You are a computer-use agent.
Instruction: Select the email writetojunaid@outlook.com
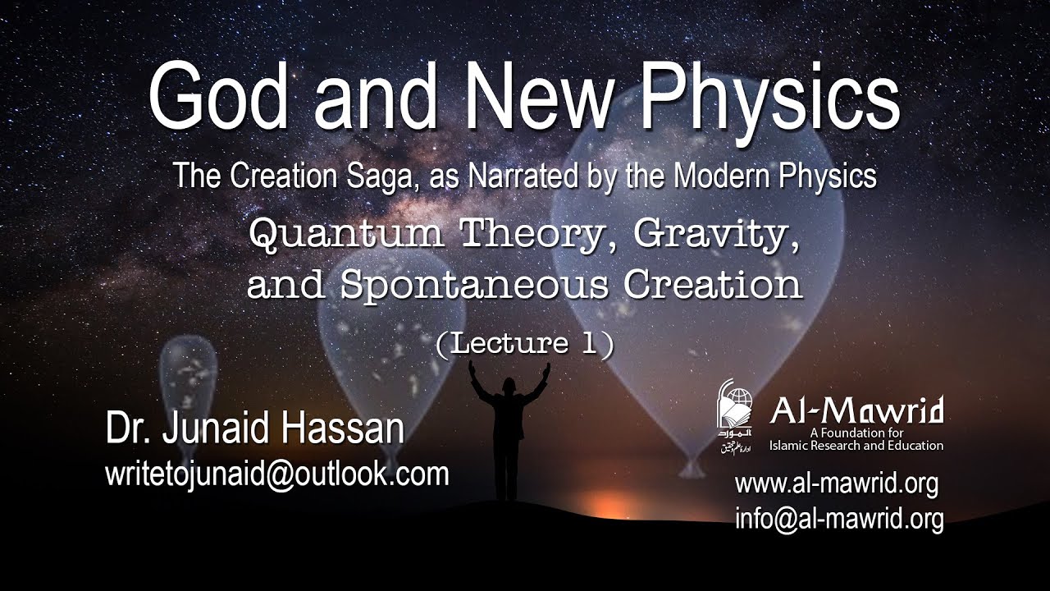pos(277,474)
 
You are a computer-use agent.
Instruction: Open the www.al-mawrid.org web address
pos(836,483)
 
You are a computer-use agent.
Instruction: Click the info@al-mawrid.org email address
pos(838,518)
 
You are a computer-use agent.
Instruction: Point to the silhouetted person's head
pos(508,384)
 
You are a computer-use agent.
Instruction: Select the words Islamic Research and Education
pos(856,446)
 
